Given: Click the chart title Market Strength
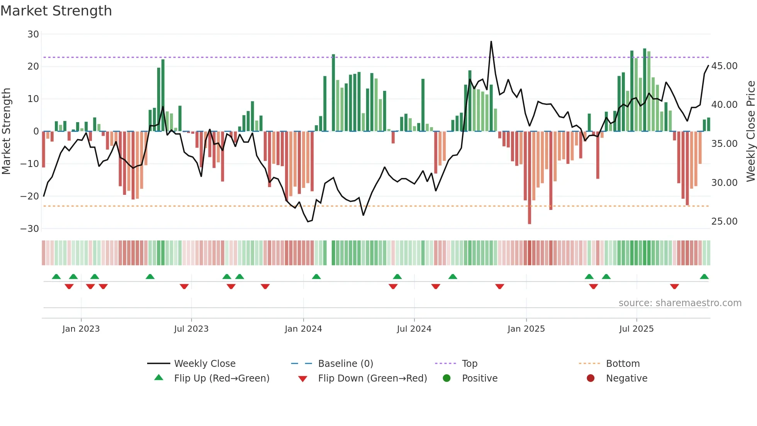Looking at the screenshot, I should pyautogui.click(x=56, y=11).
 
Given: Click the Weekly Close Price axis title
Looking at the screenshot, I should pyautogui.click(x=750, y=131).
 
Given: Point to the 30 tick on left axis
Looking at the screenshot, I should pyautogui.click(x=33, y=34).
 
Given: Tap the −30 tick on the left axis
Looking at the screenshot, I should pyautogui.click(x=30, y=229).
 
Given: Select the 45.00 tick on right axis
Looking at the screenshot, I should pyautogui.click(x=724, y=66).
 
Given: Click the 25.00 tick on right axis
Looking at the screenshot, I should pyautogui.click(x=724, y=222).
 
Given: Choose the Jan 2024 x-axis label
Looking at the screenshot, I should pyautogui.click(x=303, y=329).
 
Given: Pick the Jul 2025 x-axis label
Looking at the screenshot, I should pyautogui.click(x=636, y=329).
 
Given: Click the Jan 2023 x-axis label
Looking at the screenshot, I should pyautogui.click(x=81, y=329).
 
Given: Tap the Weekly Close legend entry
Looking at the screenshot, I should pyautogui.click(x=204, y=364).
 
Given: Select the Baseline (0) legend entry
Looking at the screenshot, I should pyautogui.click(x=345, y=364).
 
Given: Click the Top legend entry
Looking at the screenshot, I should pyautogui.click(x=469, y=364).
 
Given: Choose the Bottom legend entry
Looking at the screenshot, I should pyautogui.click(x=623, y=364).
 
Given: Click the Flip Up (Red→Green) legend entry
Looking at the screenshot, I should pyautogui.click(x=221, y=378).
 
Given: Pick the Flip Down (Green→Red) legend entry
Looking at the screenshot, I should pyautogui.click(x=372, y=378).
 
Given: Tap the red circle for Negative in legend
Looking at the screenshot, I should pyautogui.click(x=591, y=378).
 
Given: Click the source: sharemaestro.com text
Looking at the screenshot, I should pyautogui.click(x=680, y=303).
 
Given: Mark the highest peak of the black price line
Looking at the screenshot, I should pyautogui.click(x=491, y=41).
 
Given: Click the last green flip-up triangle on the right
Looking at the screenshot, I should pyautogui.click(x=704, y=277).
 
